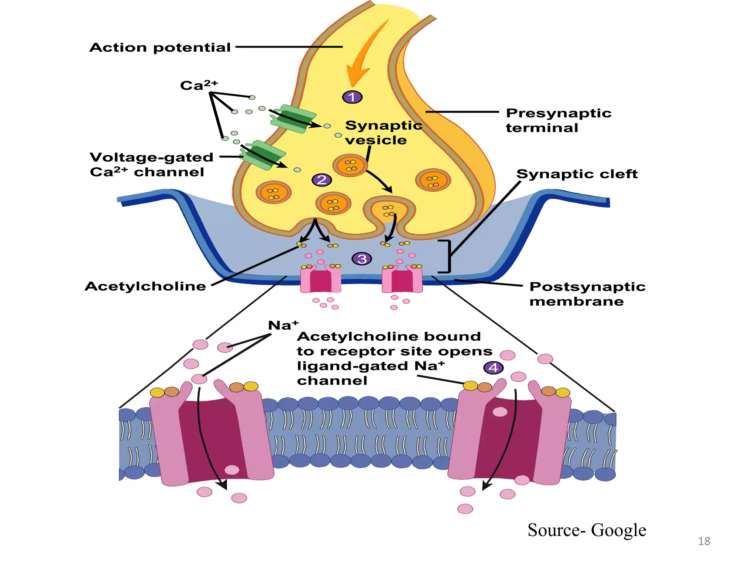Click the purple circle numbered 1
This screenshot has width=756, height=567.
(x=352, y=97)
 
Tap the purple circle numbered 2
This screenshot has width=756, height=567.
(x=322, y=180)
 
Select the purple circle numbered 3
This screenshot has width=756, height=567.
(x=362, y=259)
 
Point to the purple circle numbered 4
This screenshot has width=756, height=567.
(x=493, y=368)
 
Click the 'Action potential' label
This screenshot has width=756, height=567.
(x=160, y=48)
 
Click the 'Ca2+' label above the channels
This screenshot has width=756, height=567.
(x=199, y=85)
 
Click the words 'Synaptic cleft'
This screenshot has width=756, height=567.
(x=577, y=174)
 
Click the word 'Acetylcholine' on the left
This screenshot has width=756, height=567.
(x=145, y=286)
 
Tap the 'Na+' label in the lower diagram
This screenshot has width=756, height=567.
(x=283, y=325)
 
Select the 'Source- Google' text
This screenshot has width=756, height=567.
(x=587, y=530)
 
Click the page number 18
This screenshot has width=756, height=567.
(x=704, y=541)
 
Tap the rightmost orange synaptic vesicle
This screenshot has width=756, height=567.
(x=433, y=180)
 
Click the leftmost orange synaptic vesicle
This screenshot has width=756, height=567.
(x=274, y=192)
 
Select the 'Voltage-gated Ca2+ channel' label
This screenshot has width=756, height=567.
(x=151, y=165)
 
